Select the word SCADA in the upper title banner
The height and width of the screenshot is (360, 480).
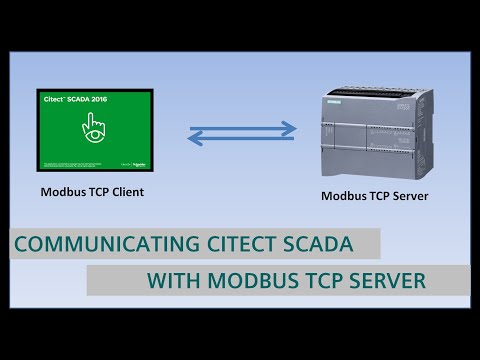320,244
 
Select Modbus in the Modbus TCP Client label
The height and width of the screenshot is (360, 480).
62,190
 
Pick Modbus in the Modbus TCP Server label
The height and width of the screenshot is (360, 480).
342,196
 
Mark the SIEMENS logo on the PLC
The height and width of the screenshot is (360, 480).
336,98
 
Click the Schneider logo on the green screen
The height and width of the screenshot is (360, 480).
138,161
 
